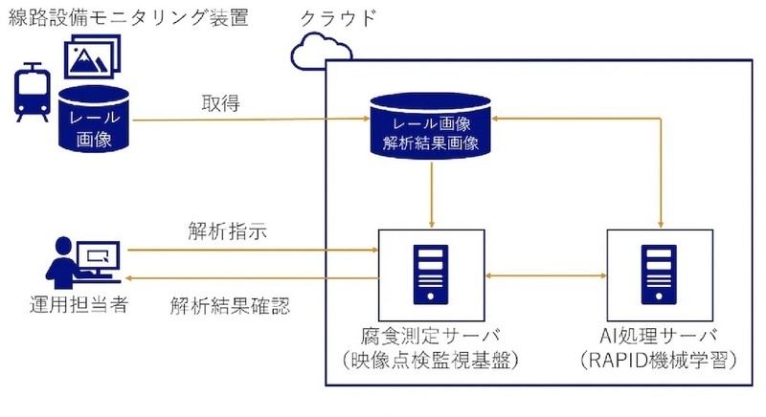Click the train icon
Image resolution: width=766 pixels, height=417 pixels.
(33, 92)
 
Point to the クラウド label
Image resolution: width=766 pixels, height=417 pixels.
(338, 18)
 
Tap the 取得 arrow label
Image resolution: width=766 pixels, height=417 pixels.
(220, 102)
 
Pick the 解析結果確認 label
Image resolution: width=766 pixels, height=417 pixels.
(230, 306)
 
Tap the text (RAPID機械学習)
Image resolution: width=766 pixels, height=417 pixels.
(659, 361)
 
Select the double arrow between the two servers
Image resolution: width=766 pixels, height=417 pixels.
(546, 275)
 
